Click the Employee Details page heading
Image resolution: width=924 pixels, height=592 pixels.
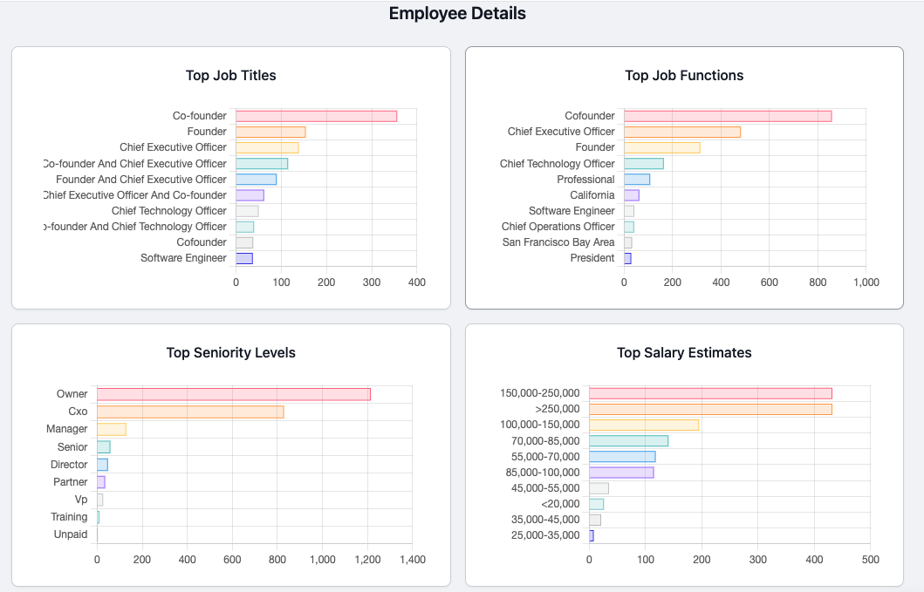point(457,14)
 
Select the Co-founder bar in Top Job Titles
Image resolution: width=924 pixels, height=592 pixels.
point(316,116)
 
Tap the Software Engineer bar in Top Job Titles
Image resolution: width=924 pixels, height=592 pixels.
point(244,258)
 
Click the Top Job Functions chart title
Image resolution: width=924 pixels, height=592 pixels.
point(684,76)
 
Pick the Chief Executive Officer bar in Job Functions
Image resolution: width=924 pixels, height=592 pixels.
point(682,132)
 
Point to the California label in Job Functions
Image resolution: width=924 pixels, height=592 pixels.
point(592,195)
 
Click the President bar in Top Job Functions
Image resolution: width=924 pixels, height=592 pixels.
point(627,258)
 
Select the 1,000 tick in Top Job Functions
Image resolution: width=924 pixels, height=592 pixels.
point(866,282)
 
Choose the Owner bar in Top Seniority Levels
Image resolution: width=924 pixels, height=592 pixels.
point(233,394)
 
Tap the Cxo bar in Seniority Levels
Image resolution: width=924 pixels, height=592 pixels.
point(190,412)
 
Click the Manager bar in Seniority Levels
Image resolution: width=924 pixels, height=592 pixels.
point(112,429)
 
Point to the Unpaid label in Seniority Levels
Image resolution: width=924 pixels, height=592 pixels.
point(71,534)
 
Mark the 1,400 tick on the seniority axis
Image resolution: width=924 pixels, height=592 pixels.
point(412,560)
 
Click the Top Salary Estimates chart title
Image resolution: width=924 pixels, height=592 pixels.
point(684,353)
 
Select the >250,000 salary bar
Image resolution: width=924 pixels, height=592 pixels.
point(710,409)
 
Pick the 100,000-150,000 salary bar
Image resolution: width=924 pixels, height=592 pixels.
point(644,425)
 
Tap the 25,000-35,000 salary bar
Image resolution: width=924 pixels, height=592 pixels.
point(592,535)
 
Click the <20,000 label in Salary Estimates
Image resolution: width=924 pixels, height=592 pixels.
point(560,504)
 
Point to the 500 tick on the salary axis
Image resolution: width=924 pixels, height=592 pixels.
point(870,560)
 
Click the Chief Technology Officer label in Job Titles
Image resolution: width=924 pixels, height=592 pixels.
point(169,211)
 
